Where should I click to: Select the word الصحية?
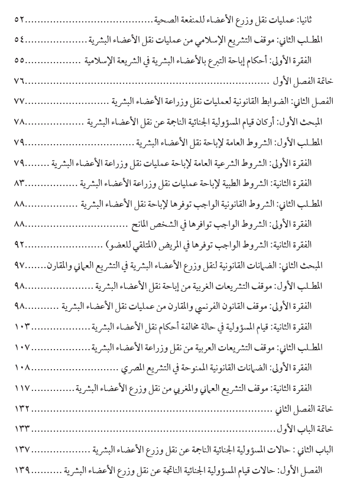tap(162, 20)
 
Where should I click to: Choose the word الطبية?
tap(255, 182)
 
